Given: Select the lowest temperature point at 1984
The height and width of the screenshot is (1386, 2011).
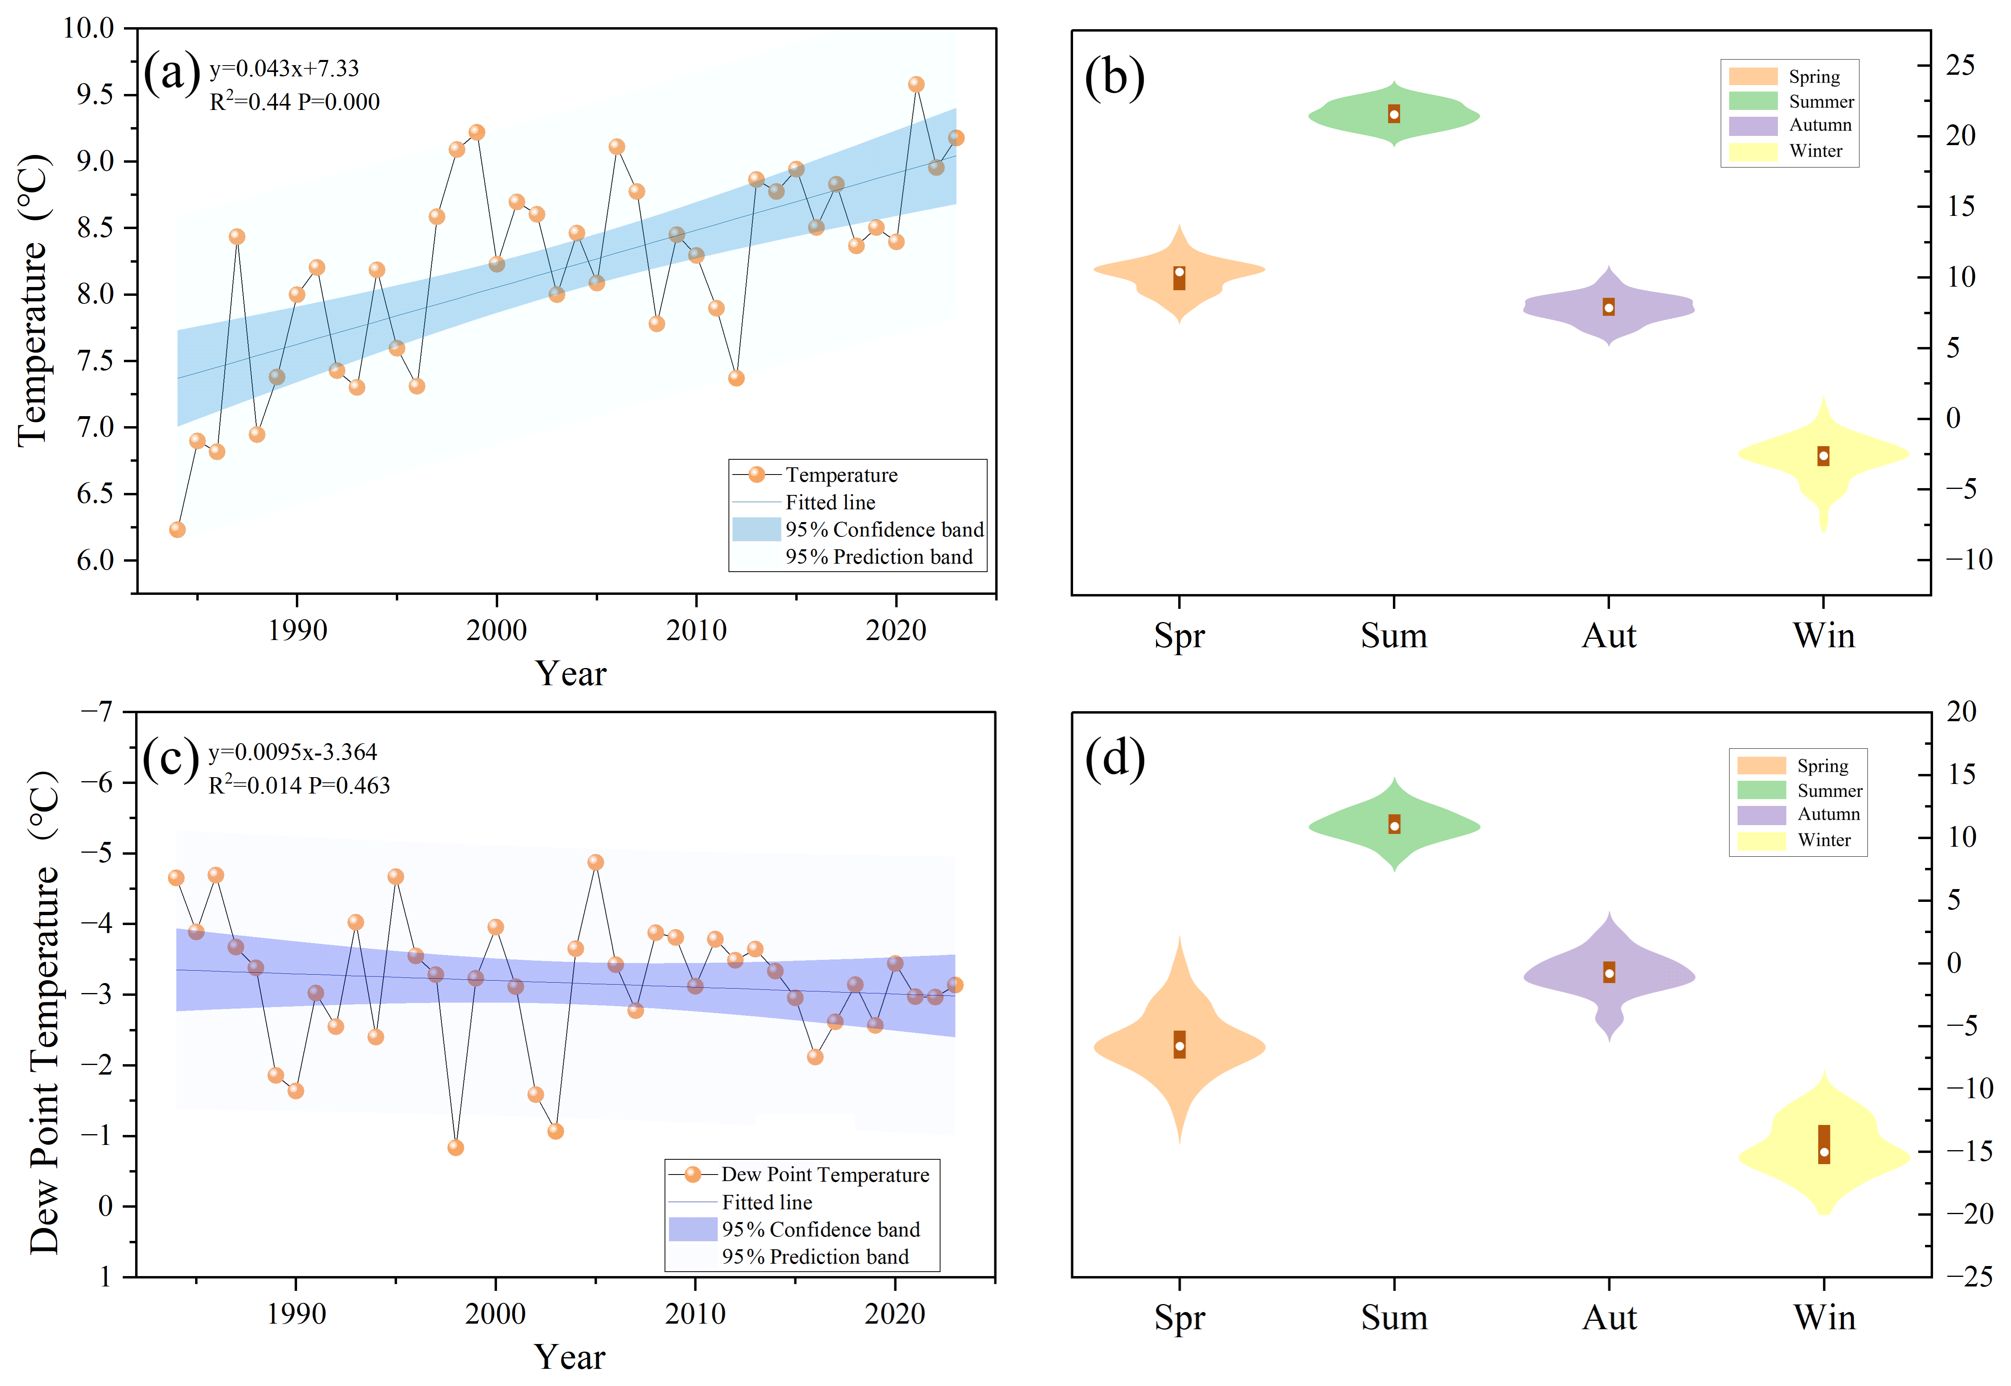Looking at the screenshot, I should [x=177, y=530].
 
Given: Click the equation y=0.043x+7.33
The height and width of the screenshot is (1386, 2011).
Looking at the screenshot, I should [x=284, y=69].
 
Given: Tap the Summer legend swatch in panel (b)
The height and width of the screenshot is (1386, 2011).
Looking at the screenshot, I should [x=1752, y=101].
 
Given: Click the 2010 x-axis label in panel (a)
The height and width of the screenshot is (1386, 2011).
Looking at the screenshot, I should [x=696, y=630].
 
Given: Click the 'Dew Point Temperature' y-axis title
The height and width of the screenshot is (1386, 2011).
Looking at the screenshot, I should [x=44, y=1012].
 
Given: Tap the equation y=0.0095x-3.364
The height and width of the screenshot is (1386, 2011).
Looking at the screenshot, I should [x=293, y=752].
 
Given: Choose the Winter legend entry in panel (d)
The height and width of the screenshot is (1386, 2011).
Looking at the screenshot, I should [x=1823, y=840].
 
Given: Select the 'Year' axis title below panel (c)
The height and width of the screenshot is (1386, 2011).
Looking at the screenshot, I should [x=570, y=1356].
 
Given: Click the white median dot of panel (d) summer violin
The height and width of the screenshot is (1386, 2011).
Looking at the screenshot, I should [x=1395, y=826].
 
